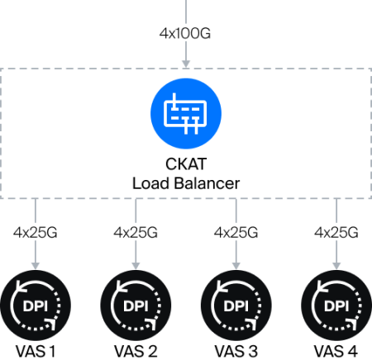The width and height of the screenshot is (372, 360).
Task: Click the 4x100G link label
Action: (x=185, y=34)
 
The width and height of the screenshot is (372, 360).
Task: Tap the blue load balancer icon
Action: (x=186, y=114)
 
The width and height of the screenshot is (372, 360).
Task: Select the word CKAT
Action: (x=186, y=164)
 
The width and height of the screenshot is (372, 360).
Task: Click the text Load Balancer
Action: (x=186, y=183)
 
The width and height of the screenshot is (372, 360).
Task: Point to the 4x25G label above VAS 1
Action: (x=36, y=233)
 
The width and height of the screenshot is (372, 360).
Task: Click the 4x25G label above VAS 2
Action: (x=136, y=233)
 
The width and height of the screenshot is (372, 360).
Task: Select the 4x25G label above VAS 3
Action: (x=236, y=233)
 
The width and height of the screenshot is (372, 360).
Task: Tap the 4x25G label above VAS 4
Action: (x=336, y=233)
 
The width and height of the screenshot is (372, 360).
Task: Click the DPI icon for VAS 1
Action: (x=36, y=306)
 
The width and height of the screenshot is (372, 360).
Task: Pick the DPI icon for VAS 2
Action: (x=136, y=306)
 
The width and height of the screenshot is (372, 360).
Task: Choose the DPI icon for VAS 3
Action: (x=236, y=306)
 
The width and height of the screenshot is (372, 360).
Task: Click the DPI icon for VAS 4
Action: (x=336, y=306)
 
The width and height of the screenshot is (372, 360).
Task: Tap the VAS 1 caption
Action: (x=36, y=352)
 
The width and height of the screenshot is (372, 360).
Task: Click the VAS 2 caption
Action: (x=136, y=352)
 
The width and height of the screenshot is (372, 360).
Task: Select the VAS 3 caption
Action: (x=236, y=352)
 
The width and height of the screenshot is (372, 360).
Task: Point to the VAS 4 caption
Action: (x=336, y=352)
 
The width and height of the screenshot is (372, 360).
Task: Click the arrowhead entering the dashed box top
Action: (x=186, y=64)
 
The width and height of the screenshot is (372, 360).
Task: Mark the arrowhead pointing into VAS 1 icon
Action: (x=36, y=266)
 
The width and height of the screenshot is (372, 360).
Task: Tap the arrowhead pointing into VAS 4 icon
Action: (x=336, y=266)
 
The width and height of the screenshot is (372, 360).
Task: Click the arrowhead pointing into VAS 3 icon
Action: (x=236, y=266)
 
